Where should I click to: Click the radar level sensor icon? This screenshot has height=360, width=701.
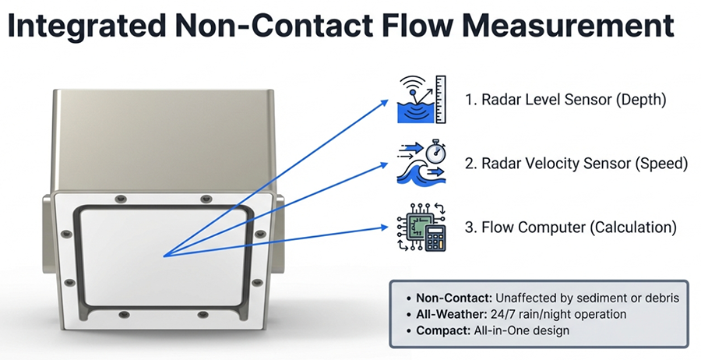pos(420,100)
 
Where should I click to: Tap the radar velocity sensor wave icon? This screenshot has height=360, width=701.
pos(420,164)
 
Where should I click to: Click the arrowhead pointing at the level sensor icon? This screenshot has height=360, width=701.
pos(386,101)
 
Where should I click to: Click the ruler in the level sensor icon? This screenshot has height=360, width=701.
pos(440,99)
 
